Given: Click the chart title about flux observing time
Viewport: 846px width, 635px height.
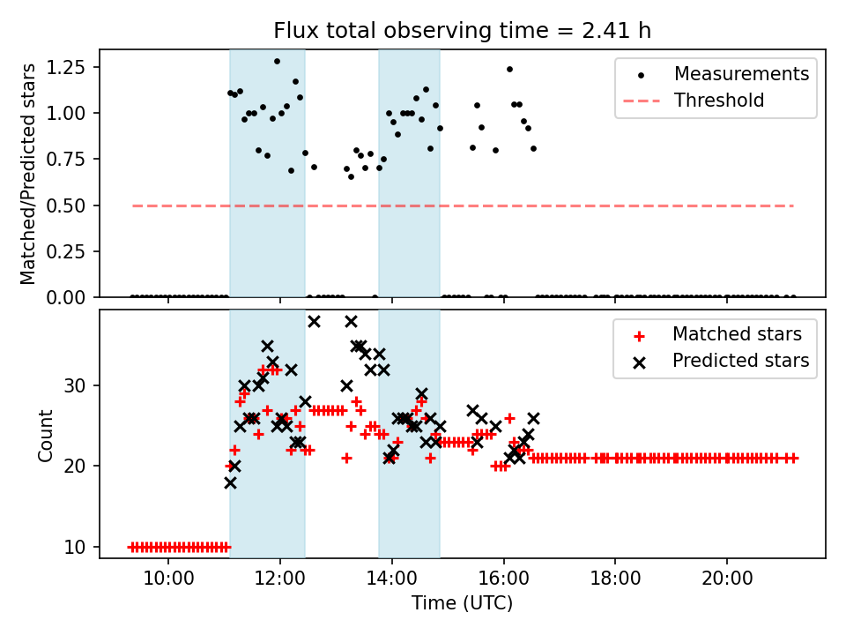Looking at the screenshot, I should [x=462, y=31].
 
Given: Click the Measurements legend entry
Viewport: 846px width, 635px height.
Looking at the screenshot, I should [x=741, y=74].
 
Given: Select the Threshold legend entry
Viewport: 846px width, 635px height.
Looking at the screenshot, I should [x=719, y=101].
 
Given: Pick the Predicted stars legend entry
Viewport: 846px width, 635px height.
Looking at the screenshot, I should [x=740, y=361].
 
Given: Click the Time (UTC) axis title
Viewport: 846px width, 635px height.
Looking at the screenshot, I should [x=462, y=604].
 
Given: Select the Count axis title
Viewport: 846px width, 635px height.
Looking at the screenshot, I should [x=46, y=435].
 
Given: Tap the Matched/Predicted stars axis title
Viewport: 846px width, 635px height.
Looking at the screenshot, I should [x=29, y=174].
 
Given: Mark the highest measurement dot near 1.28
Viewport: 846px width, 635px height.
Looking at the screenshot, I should [x=277, y=62].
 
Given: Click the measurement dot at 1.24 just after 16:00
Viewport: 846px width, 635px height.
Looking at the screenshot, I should [x=509, y=69].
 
